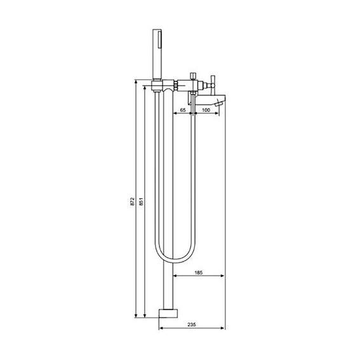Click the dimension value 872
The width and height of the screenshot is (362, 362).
131,201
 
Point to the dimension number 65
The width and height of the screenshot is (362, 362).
182,111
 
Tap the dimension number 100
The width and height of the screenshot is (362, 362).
206,111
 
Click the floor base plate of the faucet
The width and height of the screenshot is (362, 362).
168,313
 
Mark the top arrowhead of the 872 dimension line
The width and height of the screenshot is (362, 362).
135,81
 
